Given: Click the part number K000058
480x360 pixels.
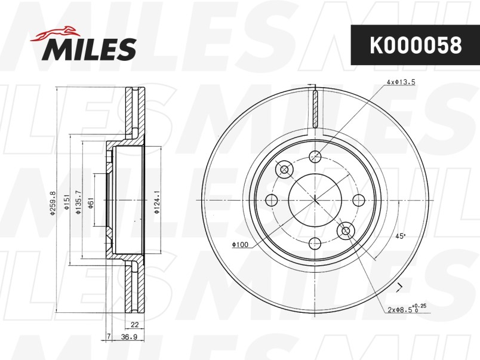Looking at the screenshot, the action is pos(416,45).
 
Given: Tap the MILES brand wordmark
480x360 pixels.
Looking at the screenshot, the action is pos(89,50).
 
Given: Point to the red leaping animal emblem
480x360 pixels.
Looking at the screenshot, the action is pos(55,32).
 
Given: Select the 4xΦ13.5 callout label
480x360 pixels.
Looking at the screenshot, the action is pos(401,82).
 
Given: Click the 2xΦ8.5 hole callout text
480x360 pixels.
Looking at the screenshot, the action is pos(407,309).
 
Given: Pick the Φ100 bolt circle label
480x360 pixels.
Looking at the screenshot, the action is pos(240,245).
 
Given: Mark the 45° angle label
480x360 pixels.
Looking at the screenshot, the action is pos(400,236).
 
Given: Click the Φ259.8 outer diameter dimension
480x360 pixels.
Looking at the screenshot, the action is pos(53,202).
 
